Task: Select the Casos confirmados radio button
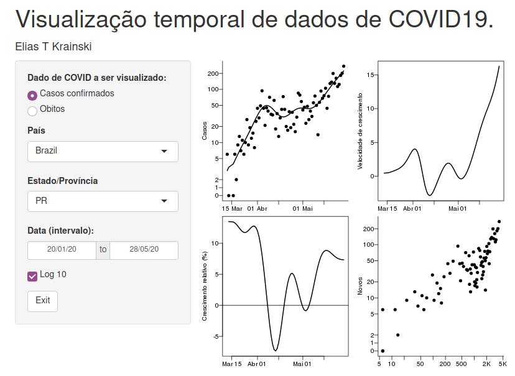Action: click(x=32, y=96)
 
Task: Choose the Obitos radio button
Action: click(x=32, y=111)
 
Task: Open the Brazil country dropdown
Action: click(x=103, y=151)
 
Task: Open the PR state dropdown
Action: click(x=103, y=201)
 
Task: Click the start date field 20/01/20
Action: click(x=62, y=250)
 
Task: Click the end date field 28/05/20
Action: click(x=144, y=250)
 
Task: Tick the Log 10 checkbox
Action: click(x=32, y=276)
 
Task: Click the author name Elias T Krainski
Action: click(x=53, y=47)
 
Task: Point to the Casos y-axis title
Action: click(x=205, y=131)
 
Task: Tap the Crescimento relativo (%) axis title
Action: click(x=205, y=287)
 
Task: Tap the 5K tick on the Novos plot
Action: click(x=503, y=364)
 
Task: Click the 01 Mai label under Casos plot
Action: click(x=304, y=209)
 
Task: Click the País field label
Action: click(x=36, y=131)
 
